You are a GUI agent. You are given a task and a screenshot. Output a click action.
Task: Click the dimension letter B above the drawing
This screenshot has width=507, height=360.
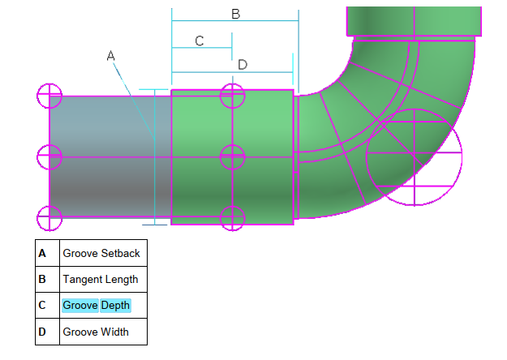[x=235, y=14]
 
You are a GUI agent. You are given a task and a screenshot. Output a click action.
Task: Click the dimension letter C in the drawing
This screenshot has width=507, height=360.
[x=200, y=41]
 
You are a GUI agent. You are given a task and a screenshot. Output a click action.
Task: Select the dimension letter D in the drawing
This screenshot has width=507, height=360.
[x=242, y=64]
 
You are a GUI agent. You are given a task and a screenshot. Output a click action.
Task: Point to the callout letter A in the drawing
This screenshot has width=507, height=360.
[x=111, y=55]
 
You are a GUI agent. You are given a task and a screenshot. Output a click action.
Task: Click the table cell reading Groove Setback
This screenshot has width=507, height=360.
[x=101, y=253]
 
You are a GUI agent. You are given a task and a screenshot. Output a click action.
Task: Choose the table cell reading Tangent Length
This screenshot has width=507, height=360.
[x=101, y=279]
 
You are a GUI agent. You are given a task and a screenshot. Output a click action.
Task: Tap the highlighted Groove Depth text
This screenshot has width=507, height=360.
[x=96, y=306]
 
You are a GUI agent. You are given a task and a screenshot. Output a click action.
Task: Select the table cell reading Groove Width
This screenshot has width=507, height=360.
[x=95, y=332]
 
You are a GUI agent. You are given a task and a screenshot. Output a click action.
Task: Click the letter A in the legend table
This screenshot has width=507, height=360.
[x=42, y=253]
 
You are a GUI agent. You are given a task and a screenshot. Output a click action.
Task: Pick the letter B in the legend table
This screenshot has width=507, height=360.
[x=42, y=279]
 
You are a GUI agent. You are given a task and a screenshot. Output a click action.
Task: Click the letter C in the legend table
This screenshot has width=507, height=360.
[x=42, y=306]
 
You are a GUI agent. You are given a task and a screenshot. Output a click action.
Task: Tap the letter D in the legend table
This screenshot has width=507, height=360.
[x=42, y=332]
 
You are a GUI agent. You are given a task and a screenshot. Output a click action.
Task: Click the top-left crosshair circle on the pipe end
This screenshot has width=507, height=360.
[x=49, y=96]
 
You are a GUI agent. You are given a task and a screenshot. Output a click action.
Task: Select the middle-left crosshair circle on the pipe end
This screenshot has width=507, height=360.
[x=49, y=156]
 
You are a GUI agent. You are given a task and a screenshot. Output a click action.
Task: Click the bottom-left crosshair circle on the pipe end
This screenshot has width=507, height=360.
[x=49, y=217]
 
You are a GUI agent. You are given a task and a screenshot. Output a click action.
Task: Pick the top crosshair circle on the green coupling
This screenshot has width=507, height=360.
[x=233, y=95]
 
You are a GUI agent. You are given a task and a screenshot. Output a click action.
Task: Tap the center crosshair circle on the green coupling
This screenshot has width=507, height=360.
[x=233, y=156]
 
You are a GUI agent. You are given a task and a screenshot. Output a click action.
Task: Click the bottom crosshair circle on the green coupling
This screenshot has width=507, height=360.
[x=233, y=217]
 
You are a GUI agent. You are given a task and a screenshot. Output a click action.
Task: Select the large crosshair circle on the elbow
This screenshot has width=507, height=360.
[x=414, y=156]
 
